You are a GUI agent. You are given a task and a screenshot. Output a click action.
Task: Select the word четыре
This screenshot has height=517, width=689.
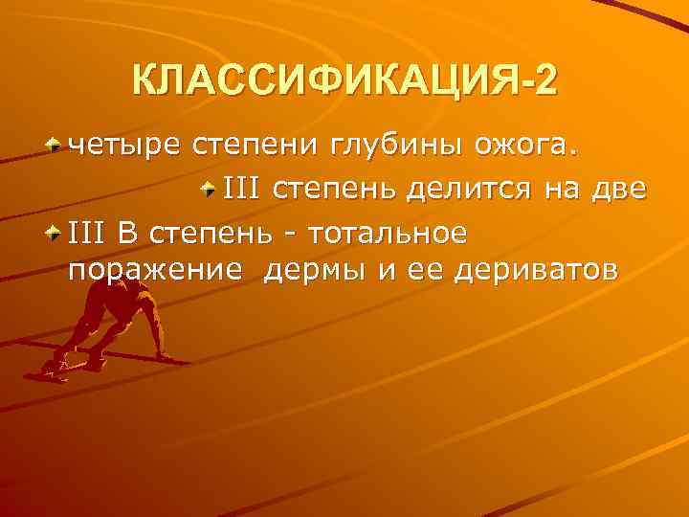click(127, 147)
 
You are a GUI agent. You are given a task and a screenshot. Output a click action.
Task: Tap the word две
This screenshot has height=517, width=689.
click(621, 190)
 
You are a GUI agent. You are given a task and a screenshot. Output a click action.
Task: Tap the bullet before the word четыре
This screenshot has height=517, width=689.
click(56, 146)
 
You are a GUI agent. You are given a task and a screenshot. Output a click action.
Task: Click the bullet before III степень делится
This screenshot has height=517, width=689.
click(210, 188)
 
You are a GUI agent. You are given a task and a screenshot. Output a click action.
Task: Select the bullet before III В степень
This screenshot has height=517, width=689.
click(56, 230)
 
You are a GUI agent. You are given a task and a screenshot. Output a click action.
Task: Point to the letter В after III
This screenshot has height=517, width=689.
click(127, 231)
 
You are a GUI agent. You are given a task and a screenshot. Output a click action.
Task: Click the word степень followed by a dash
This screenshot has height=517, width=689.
click(202, 231)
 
